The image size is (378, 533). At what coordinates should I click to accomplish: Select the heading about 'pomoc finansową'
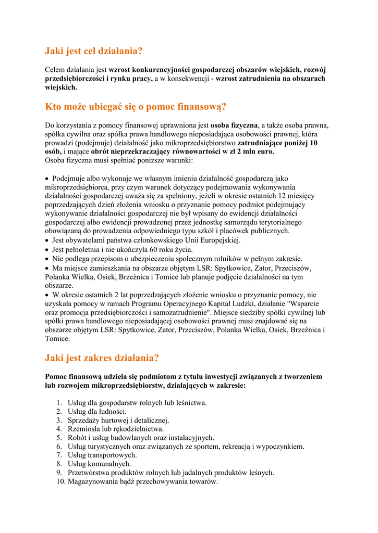click(x=136, y=107)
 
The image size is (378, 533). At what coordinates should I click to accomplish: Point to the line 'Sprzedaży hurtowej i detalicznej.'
click(x=118, y=420)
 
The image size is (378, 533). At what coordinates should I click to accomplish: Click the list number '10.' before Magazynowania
click(x=60, y=481)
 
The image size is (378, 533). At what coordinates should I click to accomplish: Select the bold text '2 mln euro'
click(x=255, y=151)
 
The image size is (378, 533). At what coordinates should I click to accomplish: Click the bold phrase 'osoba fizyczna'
click(x=234, y=125)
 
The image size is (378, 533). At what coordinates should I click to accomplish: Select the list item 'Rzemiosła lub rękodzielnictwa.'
click(x=116, y=429)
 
